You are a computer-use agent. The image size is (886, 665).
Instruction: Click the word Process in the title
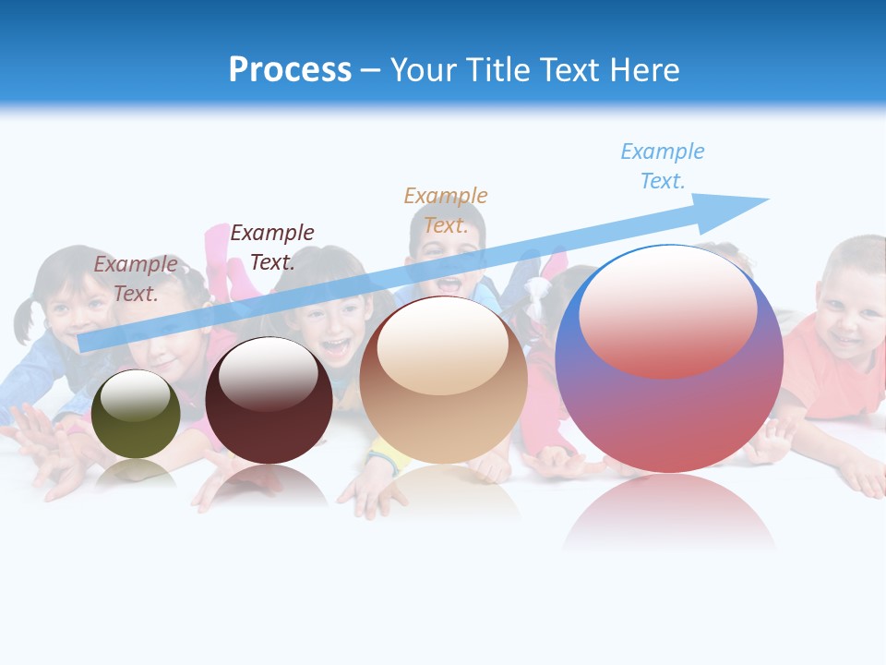(x=290, y=70)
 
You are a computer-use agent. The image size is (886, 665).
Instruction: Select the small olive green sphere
(x=137, y=414)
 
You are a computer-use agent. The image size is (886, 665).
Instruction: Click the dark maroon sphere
(x=269, y=401)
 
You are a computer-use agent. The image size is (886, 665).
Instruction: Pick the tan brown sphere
(x=443, y=381)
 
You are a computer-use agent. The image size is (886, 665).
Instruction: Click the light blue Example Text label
(x=662, y=166)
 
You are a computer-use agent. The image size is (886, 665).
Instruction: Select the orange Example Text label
(x=445, y=211)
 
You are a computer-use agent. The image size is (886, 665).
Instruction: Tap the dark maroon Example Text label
(x=271, y=248)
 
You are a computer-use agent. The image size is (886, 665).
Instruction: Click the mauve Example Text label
(x=136, y=279)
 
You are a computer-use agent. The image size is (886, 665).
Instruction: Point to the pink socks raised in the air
(x=218, y=253)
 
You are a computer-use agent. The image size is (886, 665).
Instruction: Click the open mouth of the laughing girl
(x=335, y=348)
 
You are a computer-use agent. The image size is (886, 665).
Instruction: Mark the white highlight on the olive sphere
(x=135, y=396)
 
